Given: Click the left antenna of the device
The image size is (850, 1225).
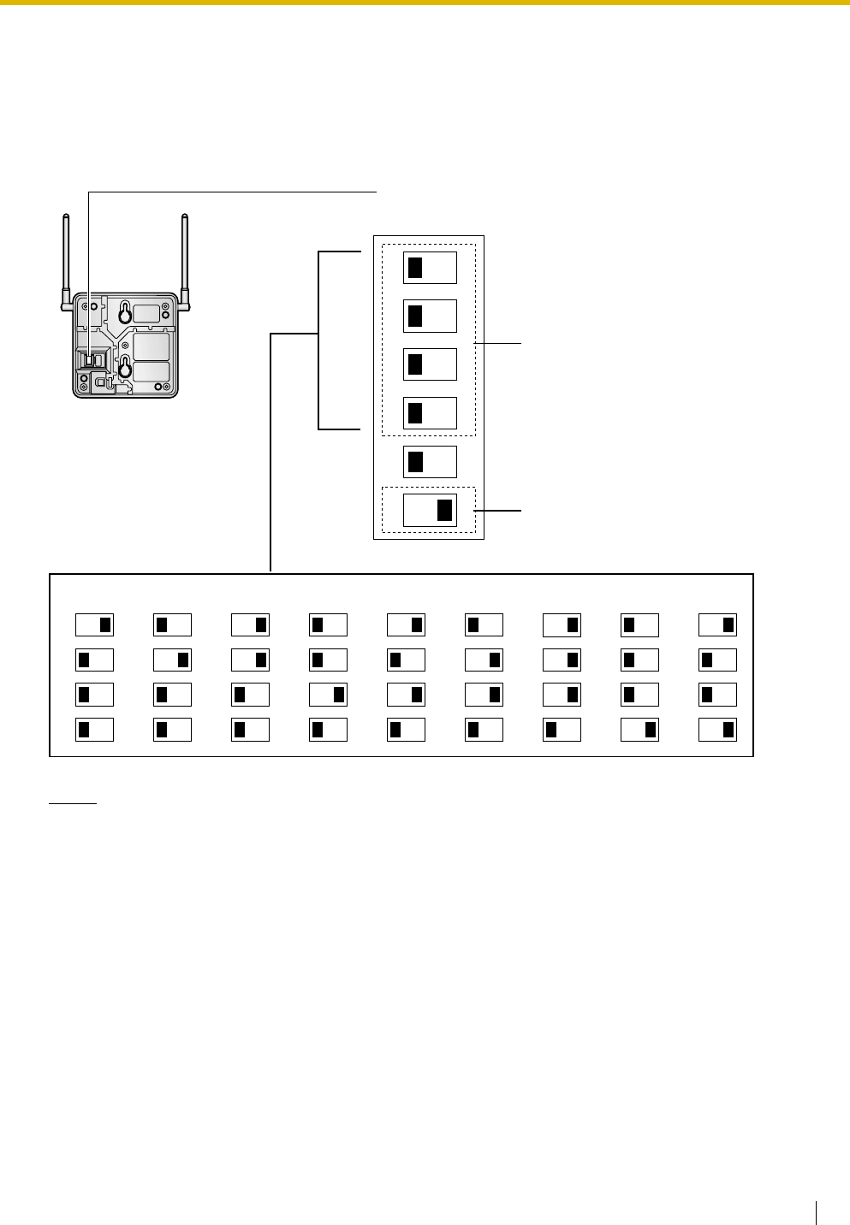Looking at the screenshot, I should tap(67, 257).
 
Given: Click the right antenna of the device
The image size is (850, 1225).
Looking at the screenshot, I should tap(184, 257).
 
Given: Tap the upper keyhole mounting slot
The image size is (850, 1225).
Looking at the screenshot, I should tap(125, 313).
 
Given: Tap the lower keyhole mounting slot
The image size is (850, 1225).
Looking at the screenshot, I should tap(125, 368).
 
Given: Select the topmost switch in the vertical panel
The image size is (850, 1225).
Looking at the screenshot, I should tap(430, 268).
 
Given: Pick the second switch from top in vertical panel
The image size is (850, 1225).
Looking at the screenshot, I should tap(430, 317).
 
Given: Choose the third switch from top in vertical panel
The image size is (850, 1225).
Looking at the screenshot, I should tap(430, 364).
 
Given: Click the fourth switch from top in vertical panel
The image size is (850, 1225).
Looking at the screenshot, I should tap(430, 413).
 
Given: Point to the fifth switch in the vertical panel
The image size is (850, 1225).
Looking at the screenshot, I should tap(430, 462).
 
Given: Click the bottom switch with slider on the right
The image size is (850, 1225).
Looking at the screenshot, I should tap(430, 510).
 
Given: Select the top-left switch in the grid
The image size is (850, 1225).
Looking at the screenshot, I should tap(94, 624).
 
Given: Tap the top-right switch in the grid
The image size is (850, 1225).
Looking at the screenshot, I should tap(717, 624).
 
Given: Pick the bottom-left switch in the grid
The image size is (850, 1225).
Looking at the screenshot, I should tap(94, 730).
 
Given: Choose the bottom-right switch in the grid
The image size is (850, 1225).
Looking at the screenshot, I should tap(717, 730).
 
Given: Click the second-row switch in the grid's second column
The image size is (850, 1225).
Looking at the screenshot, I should tap(172, 660).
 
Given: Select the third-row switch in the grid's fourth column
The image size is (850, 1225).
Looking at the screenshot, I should tap(328, 695).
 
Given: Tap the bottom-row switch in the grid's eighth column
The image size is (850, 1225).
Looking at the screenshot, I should tap(639, 730).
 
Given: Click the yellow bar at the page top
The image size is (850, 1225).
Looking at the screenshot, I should tap(425, 3).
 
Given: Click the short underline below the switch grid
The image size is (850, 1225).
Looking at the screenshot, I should tap(73, 804).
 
